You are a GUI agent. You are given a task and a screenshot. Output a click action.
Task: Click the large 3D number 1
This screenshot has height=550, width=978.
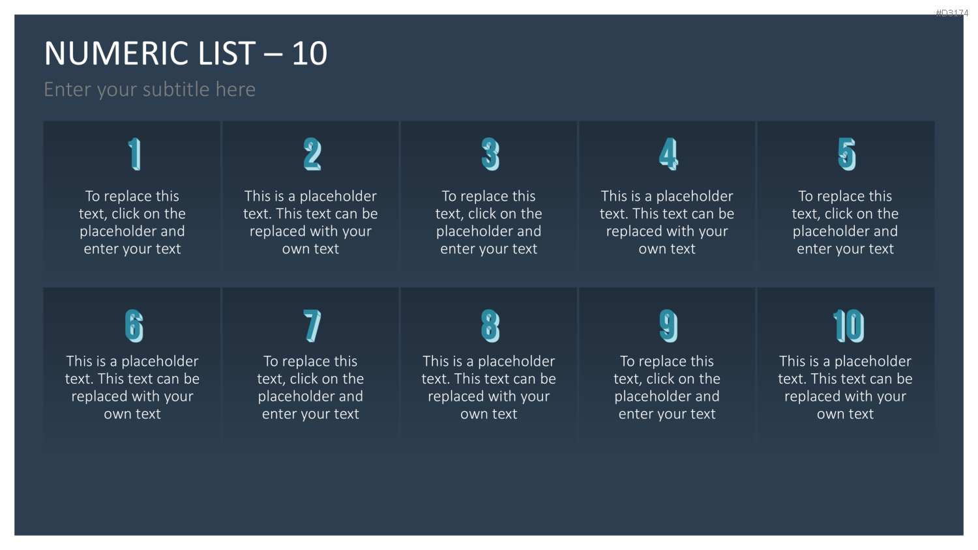135,154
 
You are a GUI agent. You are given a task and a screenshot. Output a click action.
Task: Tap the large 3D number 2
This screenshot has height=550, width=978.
312,154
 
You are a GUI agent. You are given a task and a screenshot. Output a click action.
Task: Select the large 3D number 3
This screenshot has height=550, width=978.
490,154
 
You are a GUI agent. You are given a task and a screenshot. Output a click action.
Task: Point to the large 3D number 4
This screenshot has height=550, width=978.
668,154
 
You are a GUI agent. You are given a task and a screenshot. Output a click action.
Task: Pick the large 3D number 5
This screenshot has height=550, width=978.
846,154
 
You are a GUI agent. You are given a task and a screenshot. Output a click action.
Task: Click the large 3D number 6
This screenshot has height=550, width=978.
134,326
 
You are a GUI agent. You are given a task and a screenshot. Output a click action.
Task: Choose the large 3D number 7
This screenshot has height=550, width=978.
312,326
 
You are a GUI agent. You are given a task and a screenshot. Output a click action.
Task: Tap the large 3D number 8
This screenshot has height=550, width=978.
490,326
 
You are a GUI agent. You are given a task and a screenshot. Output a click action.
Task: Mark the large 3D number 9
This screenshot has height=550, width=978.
668,326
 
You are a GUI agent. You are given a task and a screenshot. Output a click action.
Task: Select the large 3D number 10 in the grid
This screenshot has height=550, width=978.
848,326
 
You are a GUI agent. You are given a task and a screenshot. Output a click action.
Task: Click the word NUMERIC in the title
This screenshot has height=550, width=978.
117,53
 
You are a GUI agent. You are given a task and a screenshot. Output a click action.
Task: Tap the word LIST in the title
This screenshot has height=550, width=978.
227,53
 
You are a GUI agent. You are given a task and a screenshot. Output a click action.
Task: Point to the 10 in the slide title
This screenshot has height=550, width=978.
310,53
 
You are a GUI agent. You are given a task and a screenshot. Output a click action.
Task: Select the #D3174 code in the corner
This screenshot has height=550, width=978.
952,13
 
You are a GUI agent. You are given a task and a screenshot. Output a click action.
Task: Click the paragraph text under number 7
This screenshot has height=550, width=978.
310,387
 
